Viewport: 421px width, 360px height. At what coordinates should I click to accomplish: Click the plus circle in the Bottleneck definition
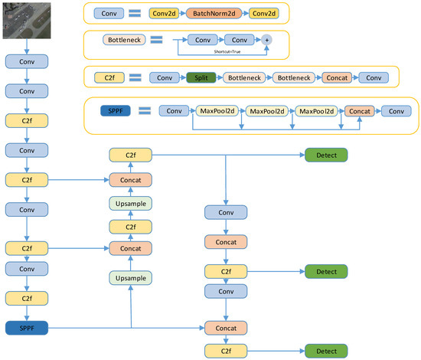point(267,39)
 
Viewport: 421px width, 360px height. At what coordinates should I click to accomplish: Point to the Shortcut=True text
point(227,51)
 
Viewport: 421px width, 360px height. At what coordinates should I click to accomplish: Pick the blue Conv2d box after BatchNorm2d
point(261,14)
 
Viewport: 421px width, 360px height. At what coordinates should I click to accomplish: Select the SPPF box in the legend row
point(115,111)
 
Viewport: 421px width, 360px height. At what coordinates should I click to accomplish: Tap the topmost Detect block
point(325,155)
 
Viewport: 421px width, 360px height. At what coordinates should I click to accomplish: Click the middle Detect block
point(325,271)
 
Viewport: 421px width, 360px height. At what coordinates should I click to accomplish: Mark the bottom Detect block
point(325,350)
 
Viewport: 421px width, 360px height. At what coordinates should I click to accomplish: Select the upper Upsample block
point(131,202)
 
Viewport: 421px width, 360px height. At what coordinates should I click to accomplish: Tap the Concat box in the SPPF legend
point(357,111)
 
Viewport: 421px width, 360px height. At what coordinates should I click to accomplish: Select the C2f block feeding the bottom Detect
point(226,350)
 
